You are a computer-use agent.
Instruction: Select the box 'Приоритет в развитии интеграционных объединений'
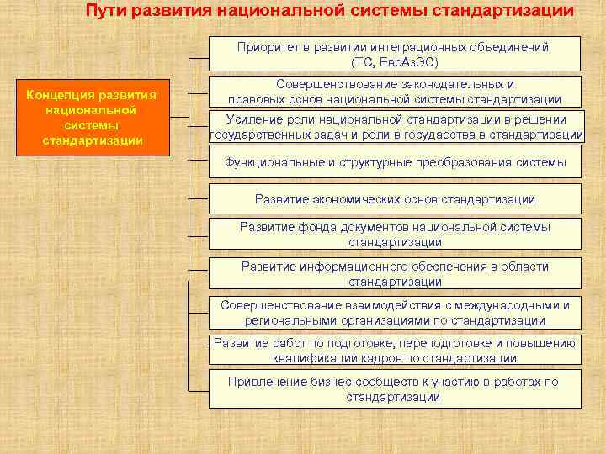(395, 54)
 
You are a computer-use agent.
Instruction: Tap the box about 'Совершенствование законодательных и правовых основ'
(395, 92)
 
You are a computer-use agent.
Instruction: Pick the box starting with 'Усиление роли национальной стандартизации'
(395, 126)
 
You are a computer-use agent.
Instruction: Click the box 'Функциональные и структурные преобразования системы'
(395, 161)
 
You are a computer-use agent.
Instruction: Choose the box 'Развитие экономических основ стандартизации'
(395, 199)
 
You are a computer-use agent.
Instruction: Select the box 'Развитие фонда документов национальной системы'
(395, 235)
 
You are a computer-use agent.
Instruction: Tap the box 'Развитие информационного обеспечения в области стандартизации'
(395, 273)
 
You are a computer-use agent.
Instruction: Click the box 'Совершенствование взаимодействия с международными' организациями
(395, 312)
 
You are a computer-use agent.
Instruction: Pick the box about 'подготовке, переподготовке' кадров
(395, 350)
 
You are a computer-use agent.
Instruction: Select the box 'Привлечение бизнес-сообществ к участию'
(395, 389)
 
